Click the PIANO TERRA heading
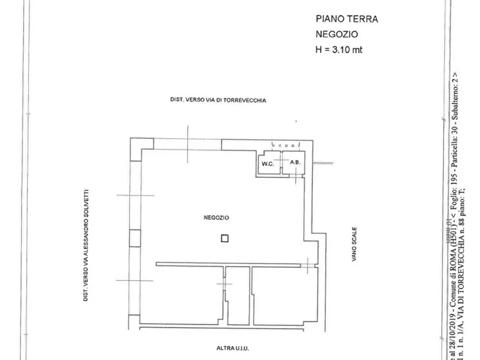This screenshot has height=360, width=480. [346, 19]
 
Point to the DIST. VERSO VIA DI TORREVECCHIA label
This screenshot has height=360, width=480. [218, 100]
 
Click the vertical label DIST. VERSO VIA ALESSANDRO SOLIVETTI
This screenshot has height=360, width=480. [85, 244]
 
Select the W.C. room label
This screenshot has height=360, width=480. [268, 164]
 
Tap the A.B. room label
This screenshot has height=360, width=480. [294, 162]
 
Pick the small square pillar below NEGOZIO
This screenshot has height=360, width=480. [225, 239]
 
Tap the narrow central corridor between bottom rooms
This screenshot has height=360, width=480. [238, 296]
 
